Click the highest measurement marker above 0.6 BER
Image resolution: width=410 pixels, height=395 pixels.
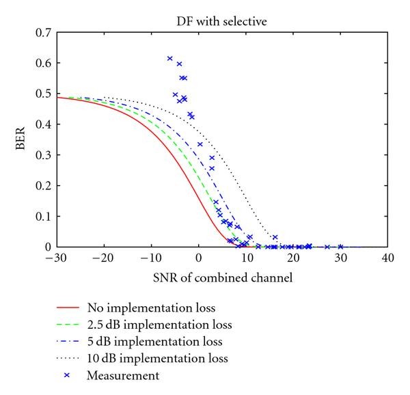click(x=170, y=59)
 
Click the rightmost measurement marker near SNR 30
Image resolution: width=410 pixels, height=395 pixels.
click(x=340, y=247)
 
